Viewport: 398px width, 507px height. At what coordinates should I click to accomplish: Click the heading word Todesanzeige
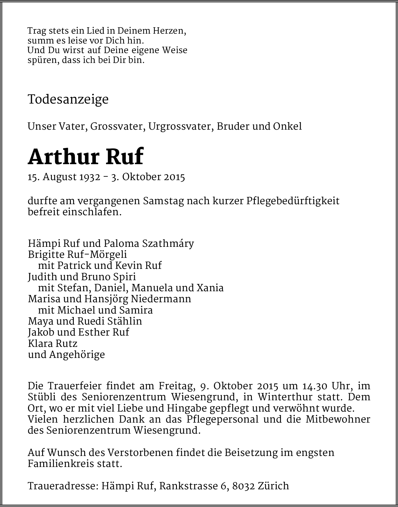(x=68, y=99)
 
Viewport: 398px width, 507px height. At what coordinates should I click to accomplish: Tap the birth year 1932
(x=90, y=177)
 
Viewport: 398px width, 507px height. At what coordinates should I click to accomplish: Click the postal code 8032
(x=243, y=486)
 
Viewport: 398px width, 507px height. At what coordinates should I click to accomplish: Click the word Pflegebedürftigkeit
(x=293, y=201)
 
